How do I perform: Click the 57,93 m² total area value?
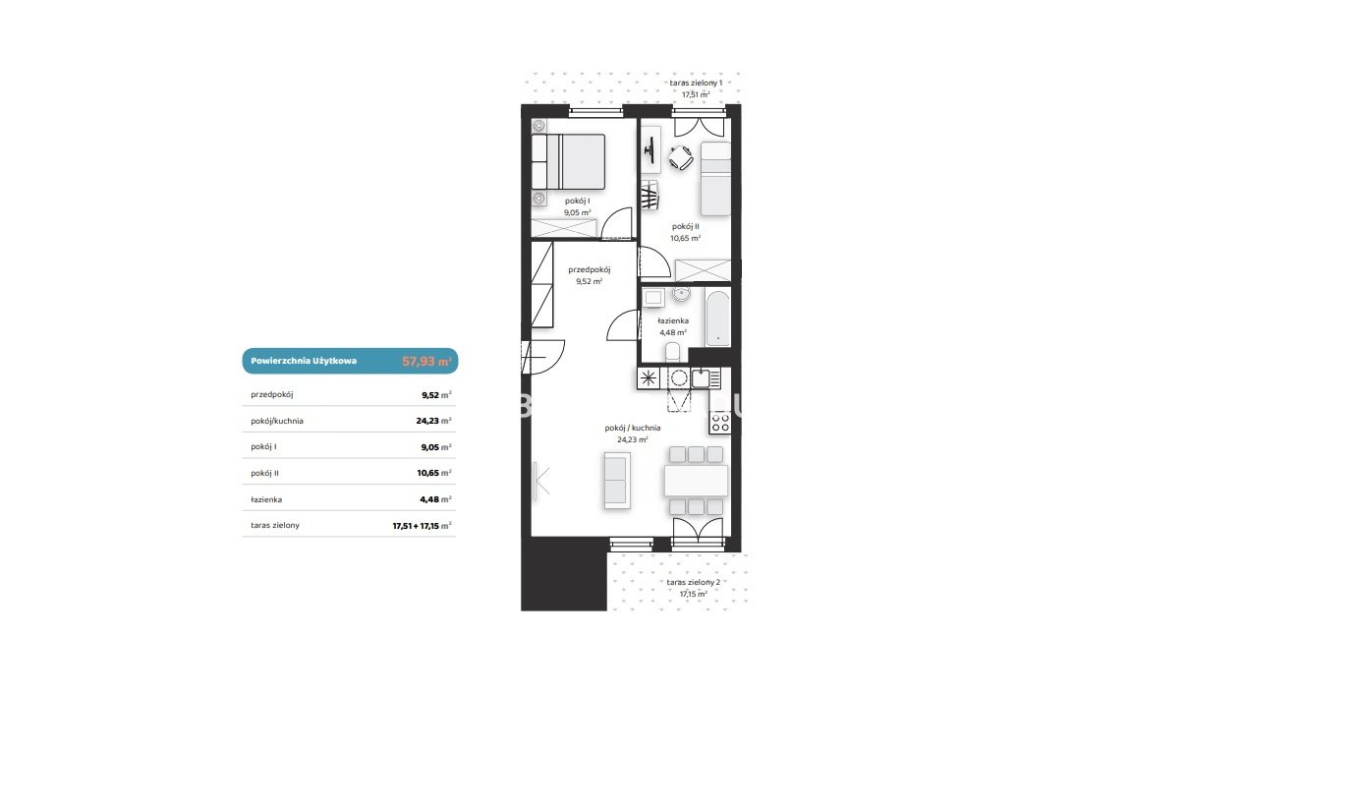pyautogui.click(x=426, y=362)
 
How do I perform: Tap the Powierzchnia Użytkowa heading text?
pyautogui.click(x=304, y=361)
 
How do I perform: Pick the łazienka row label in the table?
pyautogui.click(x=266, y=499)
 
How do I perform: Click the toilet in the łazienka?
pyautogui.click(x=673, y=351)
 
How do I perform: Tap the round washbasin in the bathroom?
pyautogui.click(x=681, y=295)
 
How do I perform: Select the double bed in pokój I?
pyautogui.click(x=568, y=161)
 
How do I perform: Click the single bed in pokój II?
pyautogui.click(x=715, y=179)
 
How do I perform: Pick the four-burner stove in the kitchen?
pyautogui.click(x=720, y=423)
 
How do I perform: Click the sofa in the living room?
pyautogui.click(x=617, y=480)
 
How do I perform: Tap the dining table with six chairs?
pyautogui.click(x=697, y=481)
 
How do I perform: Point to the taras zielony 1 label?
pyautogui.click(x=696, y=83)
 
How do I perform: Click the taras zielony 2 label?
pyautogui.click(x=694, y=582)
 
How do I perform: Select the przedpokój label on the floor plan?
pyautogui.click(x=590, y=269)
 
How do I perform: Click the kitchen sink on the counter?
pyautogui.click(x=701, y=378)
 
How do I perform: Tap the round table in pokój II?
pyautogui.click(x=681, y=157)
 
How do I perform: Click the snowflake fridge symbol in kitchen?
pyautogui.click(x=649, y=378)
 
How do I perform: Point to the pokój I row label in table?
pyautogui.click(x=263, y=446)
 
